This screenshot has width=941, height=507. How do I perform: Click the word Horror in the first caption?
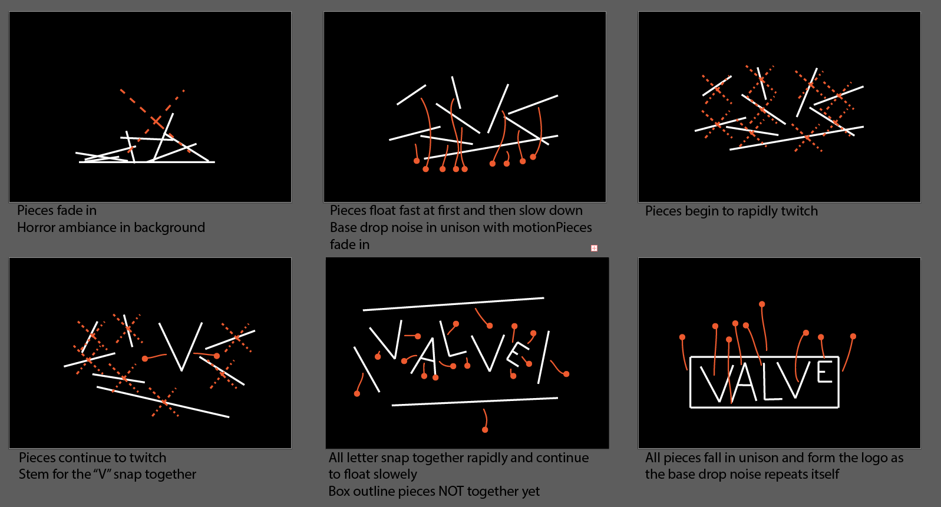(37, 228)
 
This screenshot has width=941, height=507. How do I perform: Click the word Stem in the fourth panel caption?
(34, 475)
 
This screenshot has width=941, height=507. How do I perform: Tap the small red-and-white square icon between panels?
(594, 248)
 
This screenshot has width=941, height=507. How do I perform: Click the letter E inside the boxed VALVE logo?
(824, 372)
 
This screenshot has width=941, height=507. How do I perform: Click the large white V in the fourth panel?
(181, 347)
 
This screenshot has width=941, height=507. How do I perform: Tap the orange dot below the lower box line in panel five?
(485, 430)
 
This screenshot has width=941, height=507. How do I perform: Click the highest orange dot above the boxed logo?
(762, 304)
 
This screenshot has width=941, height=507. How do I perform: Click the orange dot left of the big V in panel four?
(145, 359)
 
